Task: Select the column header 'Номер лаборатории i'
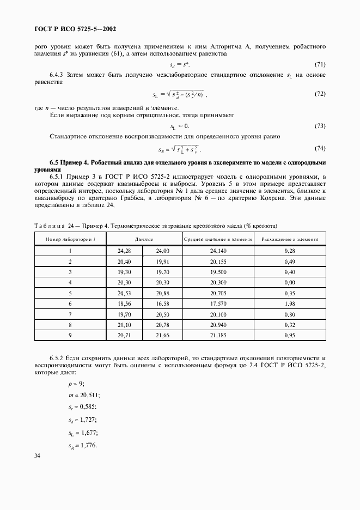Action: (70, 239)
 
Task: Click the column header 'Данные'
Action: (144, 239)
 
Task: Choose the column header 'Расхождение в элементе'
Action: (290, 239)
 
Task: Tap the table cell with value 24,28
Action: (125, 251)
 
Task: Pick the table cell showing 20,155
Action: (218, 261)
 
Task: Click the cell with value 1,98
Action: (290, 303)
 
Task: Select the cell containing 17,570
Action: (218, 303)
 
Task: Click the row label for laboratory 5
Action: (70, 293)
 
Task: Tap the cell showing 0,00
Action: (290, 282)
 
